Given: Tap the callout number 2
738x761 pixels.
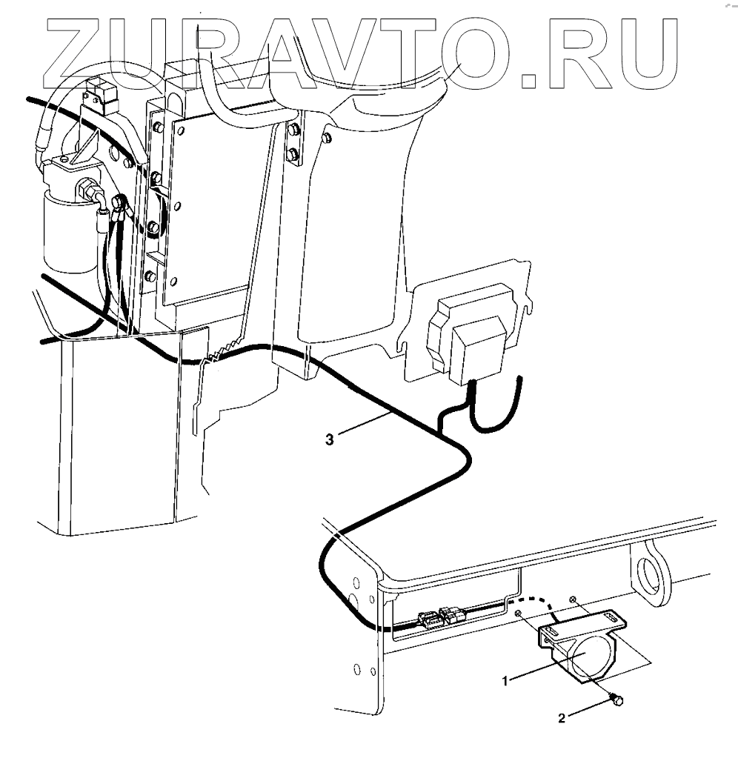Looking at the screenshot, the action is coord(562,717).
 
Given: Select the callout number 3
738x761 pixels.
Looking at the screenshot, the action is coord(330,439).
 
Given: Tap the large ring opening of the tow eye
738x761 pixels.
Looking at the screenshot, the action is coord(653,571).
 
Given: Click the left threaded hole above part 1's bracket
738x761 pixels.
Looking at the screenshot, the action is coord(519,612).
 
